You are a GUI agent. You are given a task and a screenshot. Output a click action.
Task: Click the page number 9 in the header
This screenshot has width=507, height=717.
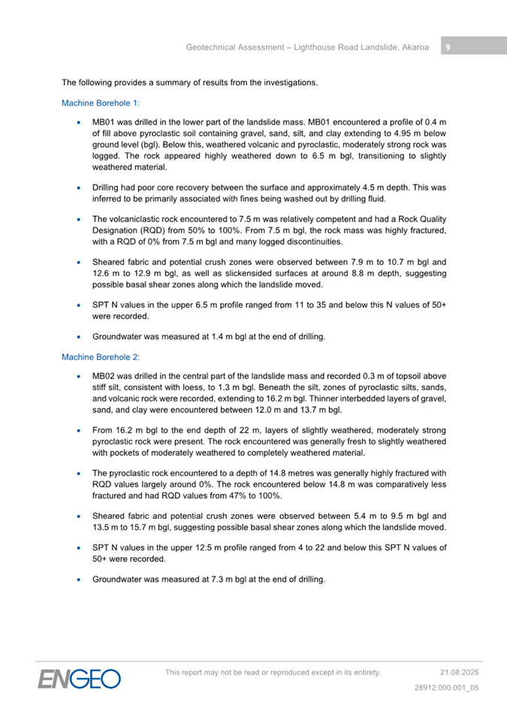(x=448, y=47)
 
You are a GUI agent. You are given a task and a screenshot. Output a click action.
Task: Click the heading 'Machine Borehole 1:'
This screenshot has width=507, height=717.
(x=101, y=103)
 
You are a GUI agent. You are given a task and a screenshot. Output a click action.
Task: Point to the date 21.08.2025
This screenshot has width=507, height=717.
(x=459, y=672)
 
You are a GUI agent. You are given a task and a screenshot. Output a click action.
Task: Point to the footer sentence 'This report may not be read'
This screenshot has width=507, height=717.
(x=273, y=672)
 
